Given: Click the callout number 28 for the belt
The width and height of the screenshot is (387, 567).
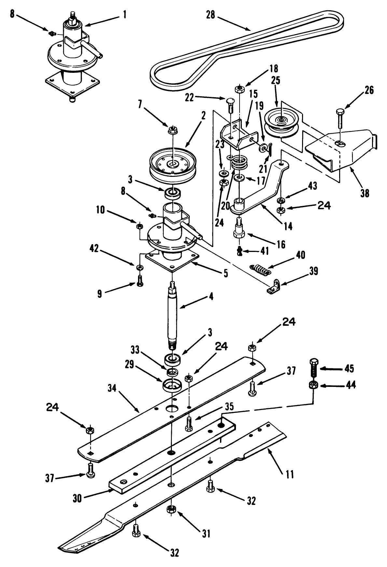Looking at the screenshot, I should (211, 15).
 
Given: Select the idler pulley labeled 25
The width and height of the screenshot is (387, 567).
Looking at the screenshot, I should (280, 122).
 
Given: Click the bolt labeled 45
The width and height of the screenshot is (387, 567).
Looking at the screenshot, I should (314, 367).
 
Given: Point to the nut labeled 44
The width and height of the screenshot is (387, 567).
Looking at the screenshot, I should (313, 386).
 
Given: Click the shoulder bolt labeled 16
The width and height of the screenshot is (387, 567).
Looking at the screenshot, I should (239, 231).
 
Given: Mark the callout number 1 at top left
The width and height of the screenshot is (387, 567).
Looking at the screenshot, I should (124, 15).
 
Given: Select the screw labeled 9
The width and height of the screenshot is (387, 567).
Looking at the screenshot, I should (140, 280).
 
